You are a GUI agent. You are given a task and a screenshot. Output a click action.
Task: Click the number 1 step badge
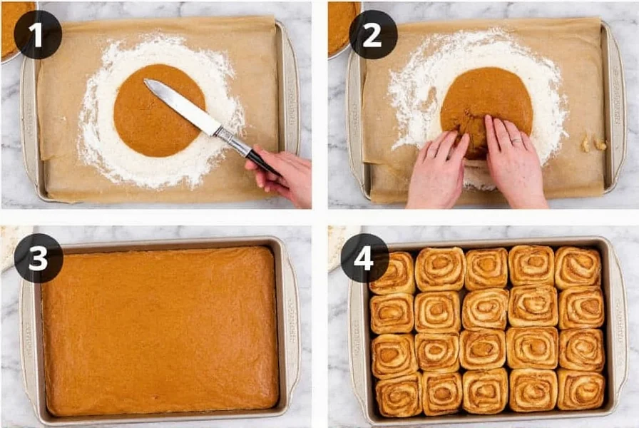[38, 34]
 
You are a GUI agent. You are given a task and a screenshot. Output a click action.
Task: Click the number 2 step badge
[373, 34]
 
